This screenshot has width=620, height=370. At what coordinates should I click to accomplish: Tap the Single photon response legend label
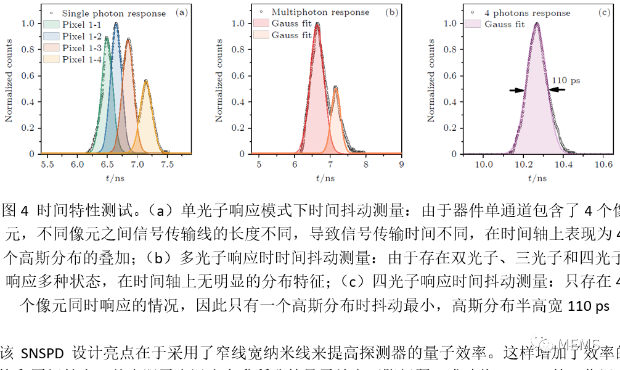[x=113, y=13]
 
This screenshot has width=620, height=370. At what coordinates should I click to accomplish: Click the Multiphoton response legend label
[x=320, y=12]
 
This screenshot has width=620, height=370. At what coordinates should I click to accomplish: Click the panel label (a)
[x=181, y=12]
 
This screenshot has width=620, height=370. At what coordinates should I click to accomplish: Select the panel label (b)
[x=391, y=12]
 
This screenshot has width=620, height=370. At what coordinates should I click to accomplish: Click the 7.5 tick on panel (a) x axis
[x=166, y=165]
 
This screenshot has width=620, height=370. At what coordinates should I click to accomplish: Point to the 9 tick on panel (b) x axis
[x=401, y=165]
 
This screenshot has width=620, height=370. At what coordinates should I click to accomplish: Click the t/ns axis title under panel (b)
[x=329, y=178]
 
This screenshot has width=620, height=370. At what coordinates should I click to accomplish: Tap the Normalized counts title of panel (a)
[x=9, y=81]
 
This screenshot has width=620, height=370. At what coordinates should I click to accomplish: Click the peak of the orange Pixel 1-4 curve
[x=145, y=80]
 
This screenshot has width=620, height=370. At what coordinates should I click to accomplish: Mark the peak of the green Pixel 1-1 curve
[x=106, y=38]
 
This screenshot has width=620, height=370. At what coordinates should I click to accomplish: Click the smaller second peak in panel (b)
[x=335, y=88]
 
